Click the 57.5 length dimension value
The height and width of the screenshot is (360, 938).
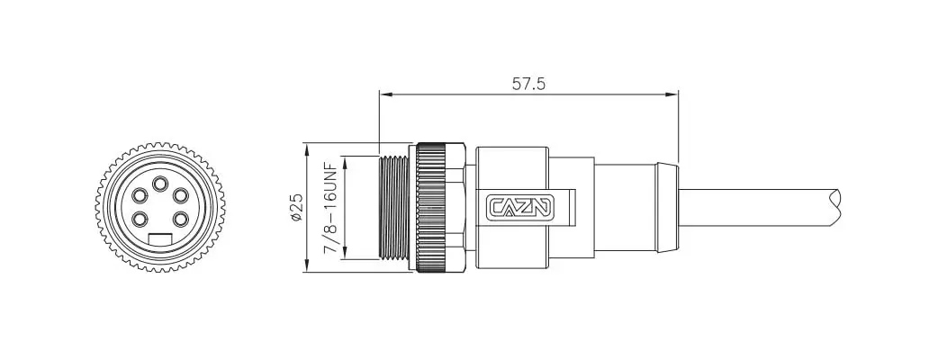528,84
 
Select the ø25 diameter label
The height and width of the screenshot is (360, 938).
297,208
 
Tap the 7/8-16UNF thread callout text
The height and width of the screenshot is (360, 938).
329,208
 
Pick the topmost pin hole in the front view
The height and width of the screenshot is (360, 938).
159,184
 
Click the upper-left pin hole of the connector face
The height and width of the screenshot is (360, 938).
140,195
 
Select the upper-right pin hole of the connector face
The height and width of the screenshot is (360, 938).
180,195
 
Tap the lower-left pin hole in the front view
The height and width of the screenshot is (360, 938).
140,220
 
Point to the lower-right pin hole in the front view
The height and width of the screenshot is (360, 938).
180,220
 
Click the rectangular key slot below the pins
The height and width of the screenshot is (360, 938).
159,239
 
